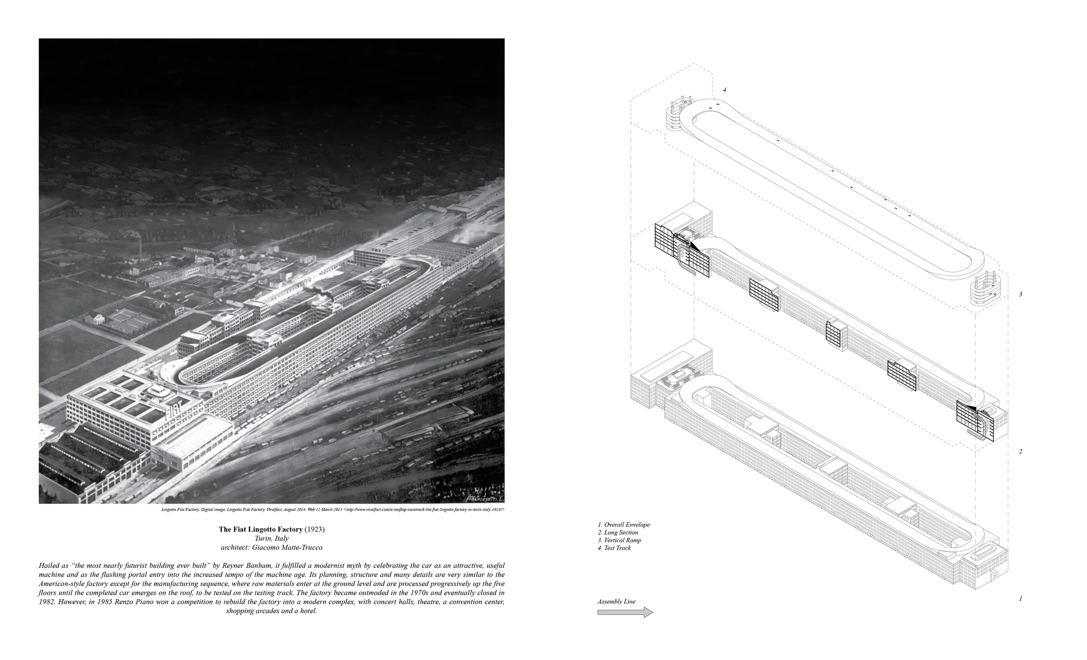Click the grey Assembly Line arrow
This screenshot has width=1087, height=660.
pyautogui.click(x=625, y=612)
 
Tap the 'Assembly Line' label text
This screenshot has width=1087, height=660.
pyautogui.click(x=616, y=602)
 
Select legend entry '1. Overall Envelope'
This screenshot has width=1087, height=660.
pyautogui.click(x=624, y=524)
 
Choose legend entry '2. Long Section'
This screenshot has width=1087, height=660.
pyautogui.click(x=618, y=533)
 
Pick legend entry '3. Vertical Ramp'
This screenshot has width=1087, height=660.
pyautogui.click(x=620, y=540)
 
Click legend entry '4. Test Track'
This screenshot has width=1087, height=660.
pyautogui.click(x=614, y=548)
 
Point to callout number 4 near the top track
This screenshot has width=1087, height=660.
pyautogui.click(x=724, y=90)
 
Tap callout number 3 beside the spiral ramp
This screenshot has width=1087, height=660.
pyautogui.click(x=1020, y=294)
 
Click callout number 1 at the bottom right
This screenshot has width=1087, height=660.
pyautogui.click(x=1020, y=599)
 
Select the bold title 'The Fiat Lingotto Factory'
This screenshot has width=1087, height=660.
pyautogui.click(x=260, y=529)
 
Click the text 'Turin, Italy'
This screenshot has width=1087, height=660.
pyautogui.click(x=272, y=538)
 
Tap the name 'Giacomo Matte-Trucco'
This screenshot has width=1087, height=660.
pyautogui.click(x=287, y=547)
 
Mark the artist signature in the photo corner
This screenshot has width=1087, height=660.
pyautogui.click(x=484, y=498)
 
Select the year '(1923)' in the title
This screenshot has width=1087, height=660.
pyautogui.click(x=314, y=529)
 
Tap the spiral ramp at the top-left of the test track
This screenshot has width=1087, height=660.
pyautogui.click(x=674, y=116)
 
